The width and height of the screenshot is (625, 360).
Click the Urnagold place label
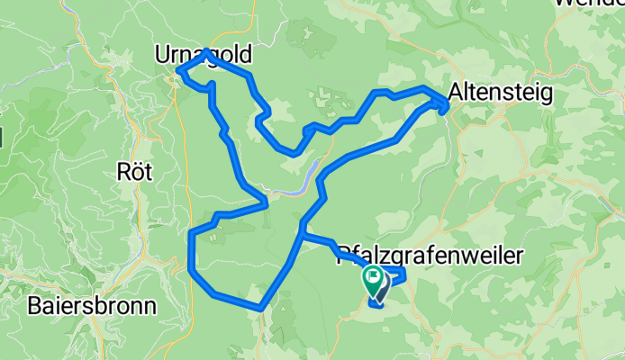coord(203,56)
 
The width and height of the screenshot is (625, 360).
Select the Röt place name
coord(135,170)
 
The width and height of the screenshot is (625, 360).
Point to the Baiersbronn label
coord(91,304)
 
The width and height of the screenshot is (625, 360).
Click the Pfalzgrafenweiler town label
coord(430,257)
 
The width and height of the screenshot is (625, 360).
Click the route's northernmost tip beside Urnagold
coord(208,51)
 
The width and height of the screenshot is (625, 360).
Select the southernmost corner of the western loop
coord(260,308)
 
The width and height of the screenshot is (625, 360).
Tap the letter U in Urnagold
coord(162,56)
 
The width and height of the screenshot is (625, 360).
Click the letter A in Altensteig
coord(455,93)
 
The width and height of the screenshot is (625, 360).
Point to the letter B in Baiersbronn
coord(34,304)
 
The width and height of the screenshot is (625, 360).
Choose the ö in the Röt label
coord(135,170)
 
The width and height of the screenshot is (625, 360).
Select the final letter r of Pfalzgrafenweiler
coord(520,257)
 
